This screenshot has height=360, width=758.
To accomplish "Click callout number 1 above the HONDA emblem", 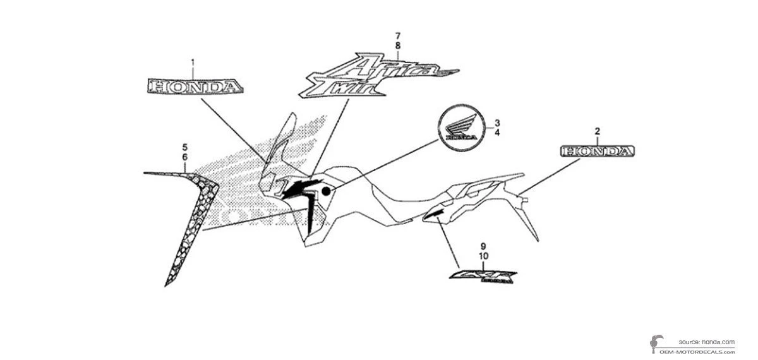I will click(x=193, y=63).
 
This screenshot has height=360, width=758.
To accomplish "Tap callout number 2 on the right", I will click(x=597, y=131).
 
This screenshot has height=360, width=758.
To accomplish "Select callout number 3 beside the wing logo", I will click(x=497, y=123).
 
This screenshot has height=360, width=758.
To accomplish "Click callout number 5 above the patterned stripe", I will click(x=184, y=147).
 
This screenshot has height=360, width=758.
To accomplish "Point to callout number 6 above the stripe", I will click(x=184, y=156).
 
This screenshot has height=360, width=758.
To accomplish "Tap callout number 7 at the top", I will click(x=398, y=35).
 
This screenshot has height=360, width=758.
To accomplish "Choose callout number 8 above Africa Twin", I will click(x=398, y=45).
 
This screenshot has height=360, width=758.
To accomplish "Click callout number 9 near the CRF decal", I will click(x=483, y=246).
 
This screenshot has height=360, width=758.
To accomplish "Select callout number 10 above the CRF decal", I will click(x=484, y=256).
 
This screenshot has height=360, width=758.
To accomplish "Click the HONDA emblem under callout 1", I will click(x=193, y=87).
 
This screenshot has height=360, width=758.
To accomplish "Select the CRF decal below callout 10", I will click(x=483, y=277).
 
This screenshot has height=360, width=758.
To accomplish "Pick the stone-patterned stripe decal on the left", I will click(x=189, y=215).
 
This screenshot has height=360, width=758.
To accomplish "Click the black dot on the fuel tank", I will click(x=327, y=191).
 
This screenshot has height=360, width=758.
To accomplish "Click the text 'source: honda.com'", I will click(x=707, y=341).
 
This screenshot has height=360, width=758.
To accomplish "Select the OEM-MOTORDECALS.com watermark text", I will click(x=697, y=351).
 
